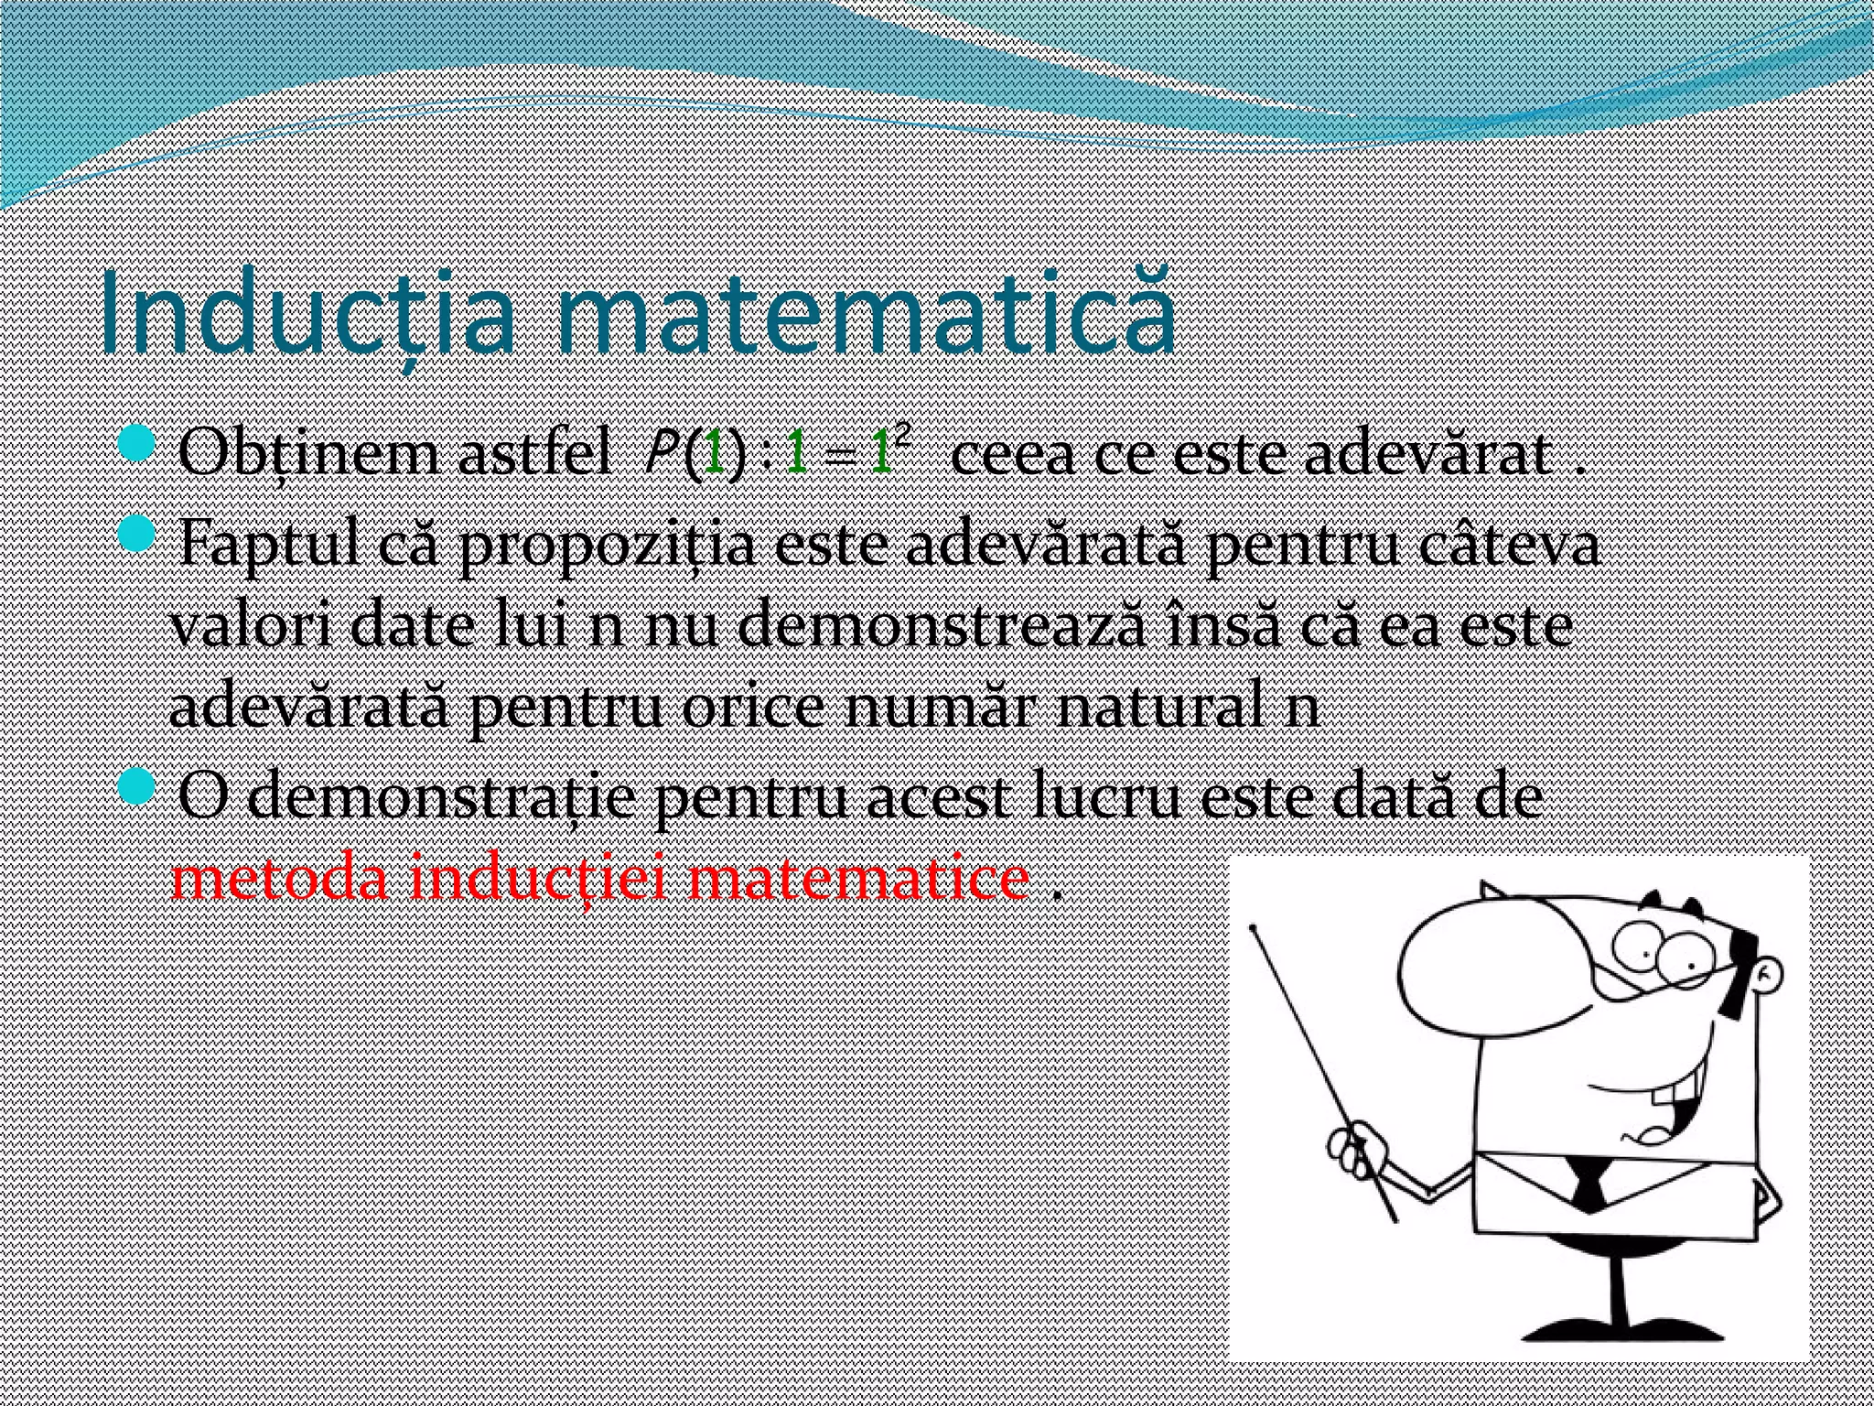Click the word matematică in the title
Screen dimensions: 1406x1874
[x=865, y=311]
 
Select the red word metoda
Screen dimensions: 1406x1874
[x=280, y=879]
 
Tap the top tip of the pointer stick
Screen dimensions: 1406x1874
[x=1254, y=928]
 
